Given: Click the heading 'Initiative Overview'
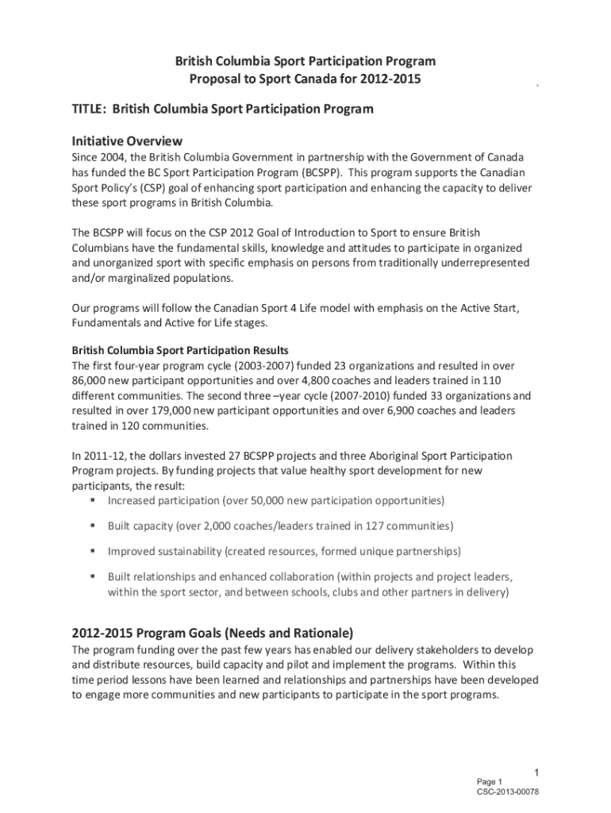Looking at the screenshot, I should click(128, 141).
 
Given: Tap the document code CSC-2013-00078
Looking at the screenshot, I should click(508, 792).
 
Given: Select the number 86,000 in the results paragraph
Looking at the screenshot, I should click(91, 380).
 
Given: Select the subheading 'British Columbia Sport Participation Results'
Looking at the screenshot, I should click(180, 350).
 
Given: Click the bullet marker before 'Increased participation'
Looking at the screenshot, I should click(94, 501).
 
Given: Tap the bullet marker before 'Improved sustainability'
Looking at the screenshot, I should click(94, 551).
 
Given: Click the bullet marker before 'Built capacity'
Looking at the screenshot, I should click(94, 526).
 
